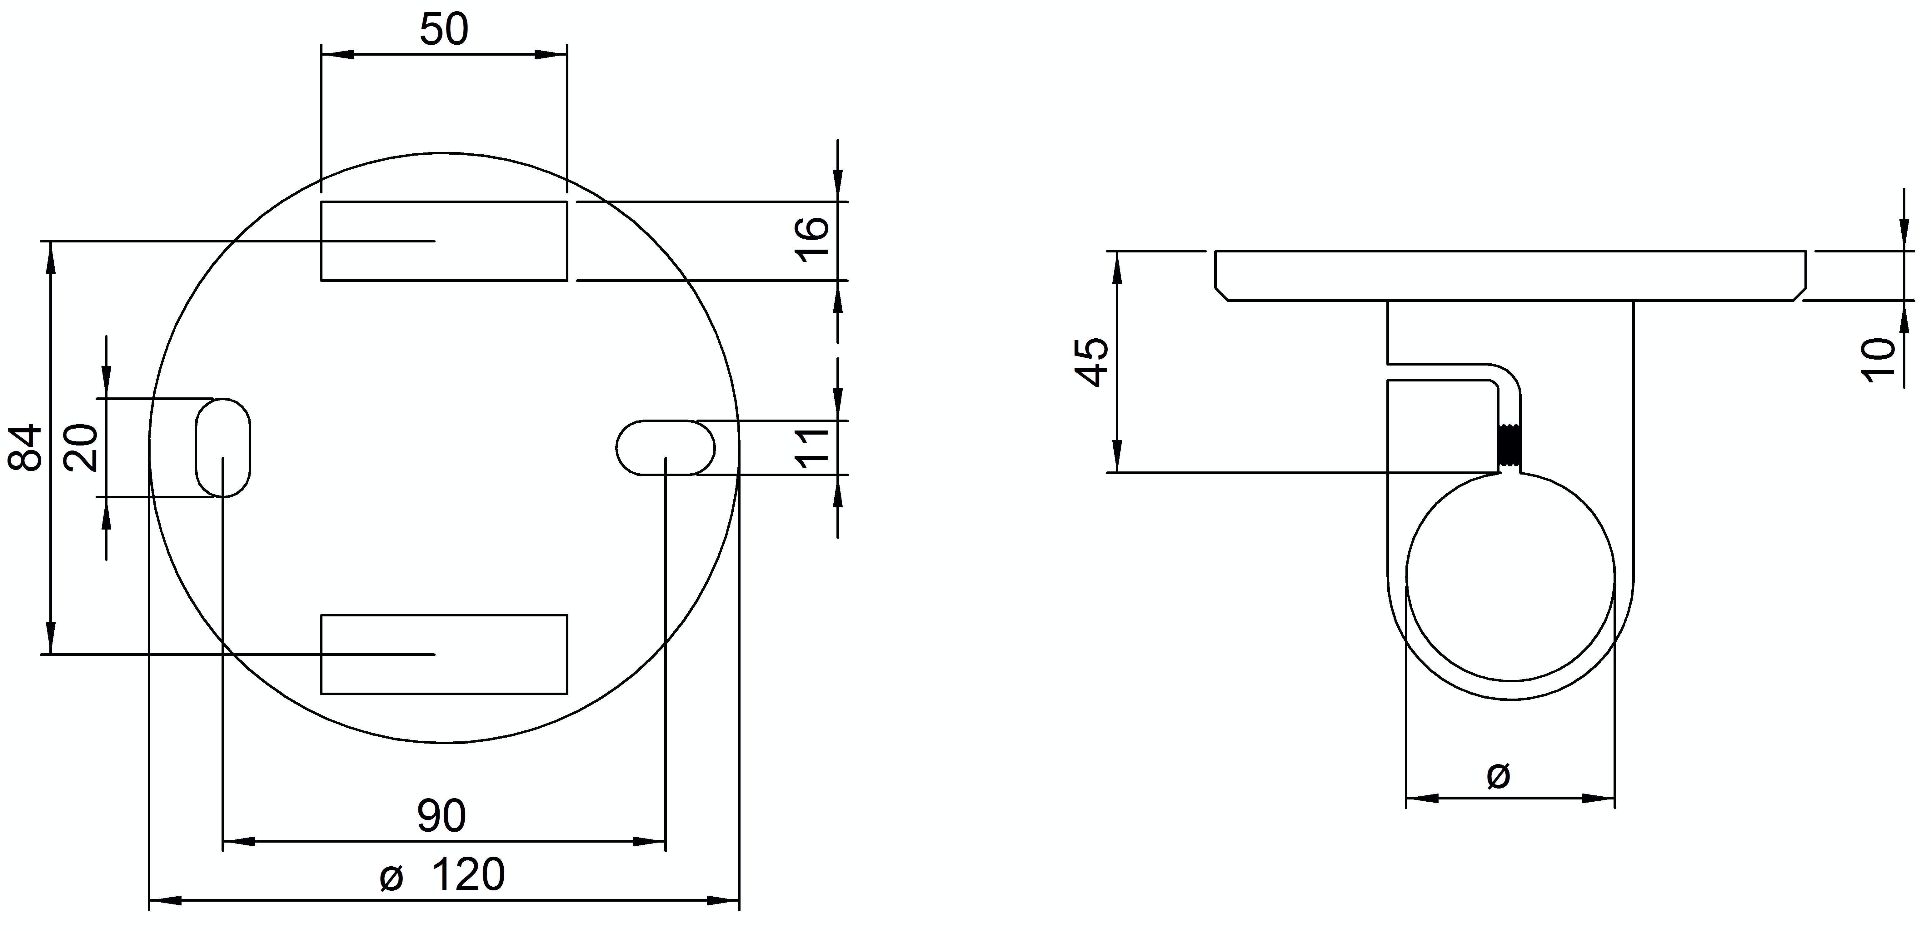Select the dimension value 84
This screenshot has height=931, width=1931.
(x=25, y=447)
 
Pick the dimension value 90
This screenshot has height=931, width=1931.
(x=442, y=816)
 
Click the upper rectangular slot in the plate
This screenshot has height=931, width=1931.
(x=444, y=241)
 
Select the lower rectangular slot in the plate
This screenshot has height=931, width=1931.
(x=444, y=654)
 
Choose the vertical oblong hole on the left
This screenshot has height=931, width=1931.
(x=223, y=447)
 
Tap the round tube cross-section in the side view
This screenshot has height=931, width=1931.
(x=1510, y=577)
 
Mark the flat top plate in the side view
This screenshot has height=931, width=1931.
(x=1510, y=275)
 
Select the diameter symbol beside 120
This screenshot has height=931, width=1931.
(x=391, y=877)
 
